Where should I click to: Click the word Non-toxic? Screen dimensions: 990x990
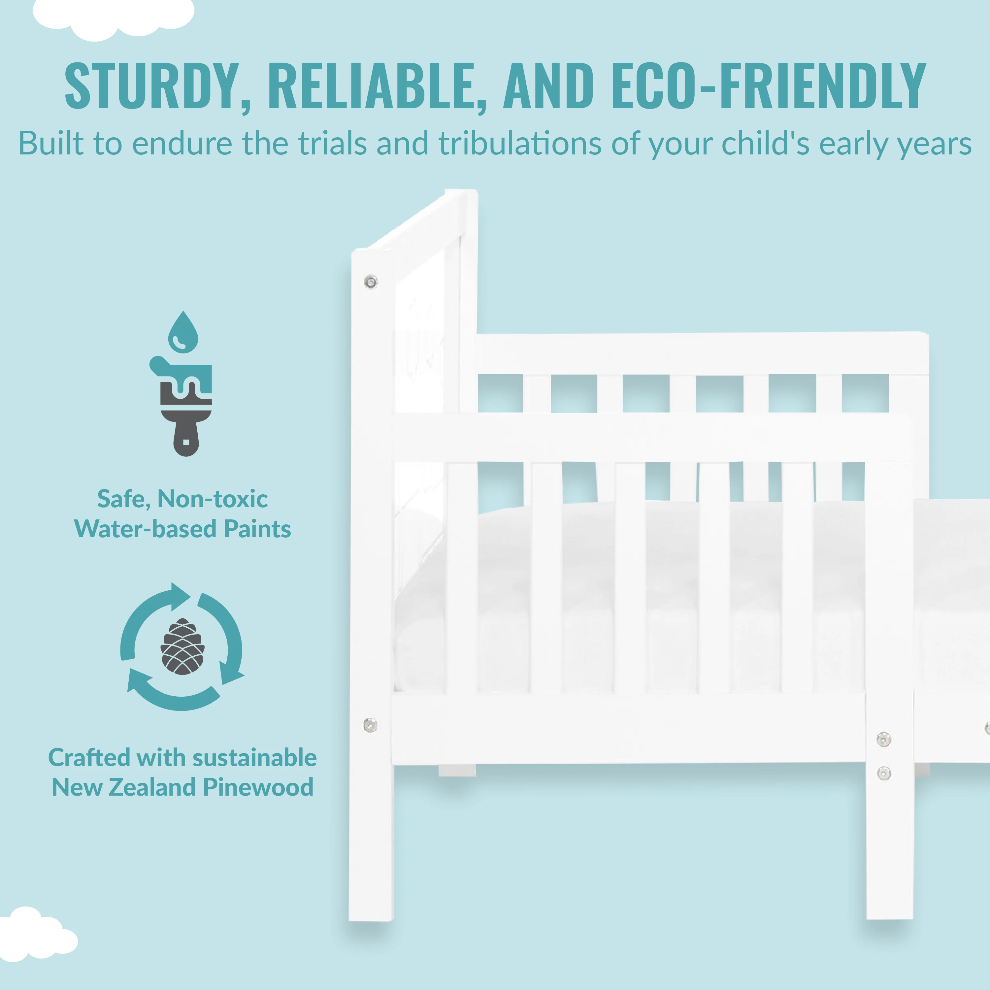pos(212,499)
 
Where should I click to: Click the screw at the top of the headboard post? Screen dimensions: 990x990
pos(371,282)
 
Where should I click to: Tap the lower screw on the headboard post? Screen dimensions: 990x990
pos(370,725)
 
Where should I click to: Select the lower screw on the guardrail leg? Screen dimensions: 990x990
pos(884,773)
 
